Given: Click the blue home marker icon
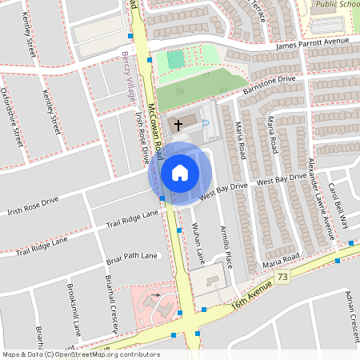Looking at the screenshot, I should coord(180,172).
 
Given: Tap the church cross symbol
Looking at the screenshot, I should coord(178,123).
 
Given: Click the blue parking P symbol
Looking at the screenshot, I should coord(205,124).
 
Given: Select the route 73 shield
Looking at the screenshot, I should coord(282,276).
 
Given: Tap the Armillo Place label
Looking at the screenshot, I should coord(226,246).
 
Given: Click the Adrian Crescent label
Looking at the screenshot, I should coord(346,312).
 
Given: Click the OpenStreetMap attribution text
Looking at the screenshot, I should coord(80,354).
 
